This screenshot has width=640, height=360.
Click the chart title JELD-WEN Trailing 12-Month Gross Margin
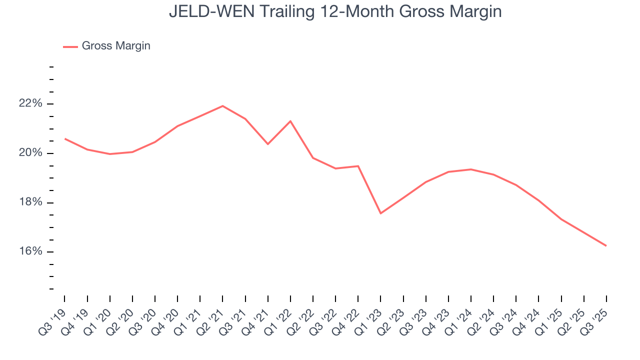(x=335, y=11)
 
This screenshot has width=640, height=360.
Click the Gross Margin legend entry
(x=115, y=46)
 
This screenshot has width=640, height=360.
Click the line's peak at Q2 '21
(x=222, y=106)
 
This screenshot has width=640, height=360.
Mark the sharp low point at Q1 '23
(x=380, y=213)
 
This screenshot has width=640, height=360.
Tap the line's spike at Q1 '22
(x=290, y=121)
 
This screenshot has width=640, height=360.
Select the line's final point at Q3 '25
(x=606, y=245)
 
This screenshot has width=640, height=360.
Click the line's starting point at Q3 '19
(x=65, y=138)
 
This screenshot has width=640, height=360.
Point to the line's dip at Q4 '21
(x=268, y=144)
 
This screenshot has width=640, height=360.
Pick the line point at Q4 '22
(x=358, y=166)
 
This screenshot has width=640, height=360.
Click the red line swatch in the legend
(x=70, y=46)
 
